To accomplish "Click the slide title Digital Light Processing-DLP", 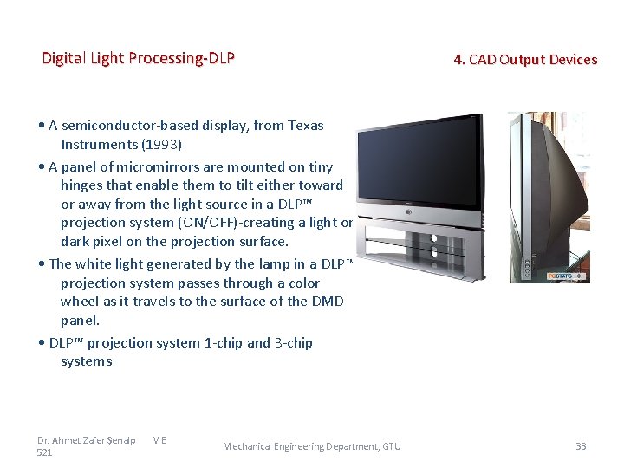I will pos(139,59).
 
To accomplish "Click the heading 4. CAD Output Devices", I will pos(525,60).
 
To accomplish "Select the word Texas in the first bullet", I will pos(305,126).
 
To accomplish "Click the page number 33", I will pos(581,446).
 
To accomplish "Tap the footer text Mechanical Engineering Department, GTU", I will pos(312,446).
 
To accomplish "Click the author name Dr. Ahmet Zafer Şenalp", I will pos(86,440).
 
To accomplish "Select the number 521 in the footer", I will pos(45,452).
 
